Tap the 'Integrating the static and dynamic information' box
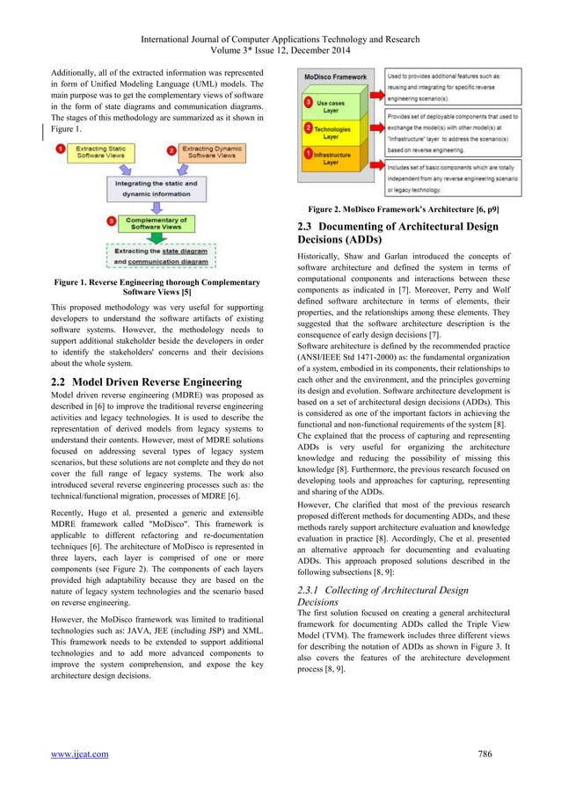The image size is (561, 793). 160,186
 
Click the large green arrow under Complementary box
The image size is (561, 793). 159,237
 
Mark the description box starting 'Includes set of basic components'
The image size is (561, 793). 463,178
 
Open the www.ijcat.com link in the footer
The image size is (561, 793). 80,753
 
